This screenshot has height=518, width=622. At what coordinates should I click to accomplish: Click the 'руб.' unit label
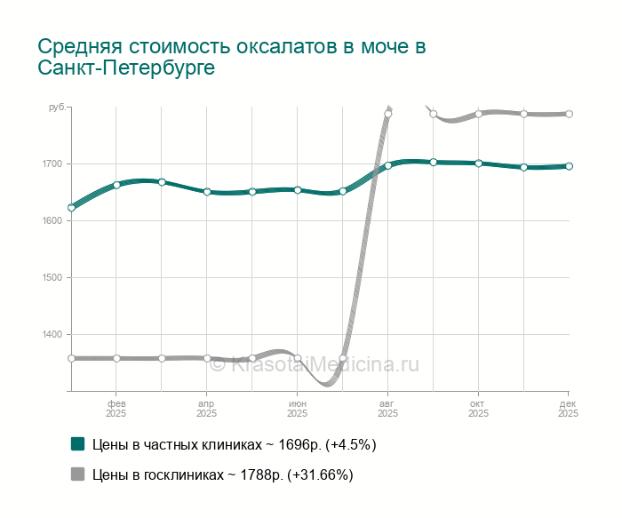[x=56, y=108]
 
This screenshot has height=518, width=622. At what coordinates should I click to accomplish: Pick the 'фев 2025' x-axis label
[x=116, y=409]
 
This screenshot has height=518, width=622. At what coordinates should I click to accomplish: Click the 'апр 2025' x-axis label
[x=207, y=409]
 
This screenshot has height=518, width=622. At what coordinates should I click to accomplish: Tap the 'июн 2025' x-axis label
[x=298, y=409]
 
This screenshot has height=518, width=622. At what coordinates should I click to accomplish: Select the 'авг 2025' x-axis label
[x=387, y=409]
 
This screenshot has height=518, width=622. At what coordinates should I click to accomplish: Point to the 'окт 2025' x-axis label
[x=478, y=409]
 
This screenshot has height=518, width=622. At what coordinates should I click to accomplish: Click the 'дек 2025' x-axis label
[x=568, y=409]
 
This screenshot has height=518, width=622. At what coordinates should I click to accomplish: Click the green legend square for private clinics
[x=78, y=443]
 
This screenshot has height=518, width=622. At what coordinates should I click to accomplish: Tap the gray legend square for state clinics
[x=78, y=474]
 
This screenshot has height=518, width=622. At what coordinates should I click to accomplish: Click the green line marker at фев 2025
[x=116, y=185]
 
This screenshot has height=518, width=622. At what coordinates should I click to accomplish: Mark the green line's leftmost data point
[x=71, y=208]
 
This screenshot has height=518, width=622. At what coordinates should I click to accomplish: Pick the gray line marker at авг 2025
[x=388, y=114]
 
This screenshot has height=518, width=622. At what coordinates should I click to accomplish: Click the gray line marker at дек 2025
[x=569, y=114]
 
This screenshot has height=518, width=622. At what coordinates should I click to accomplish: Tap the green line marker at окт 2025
[x=478, y=163]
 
